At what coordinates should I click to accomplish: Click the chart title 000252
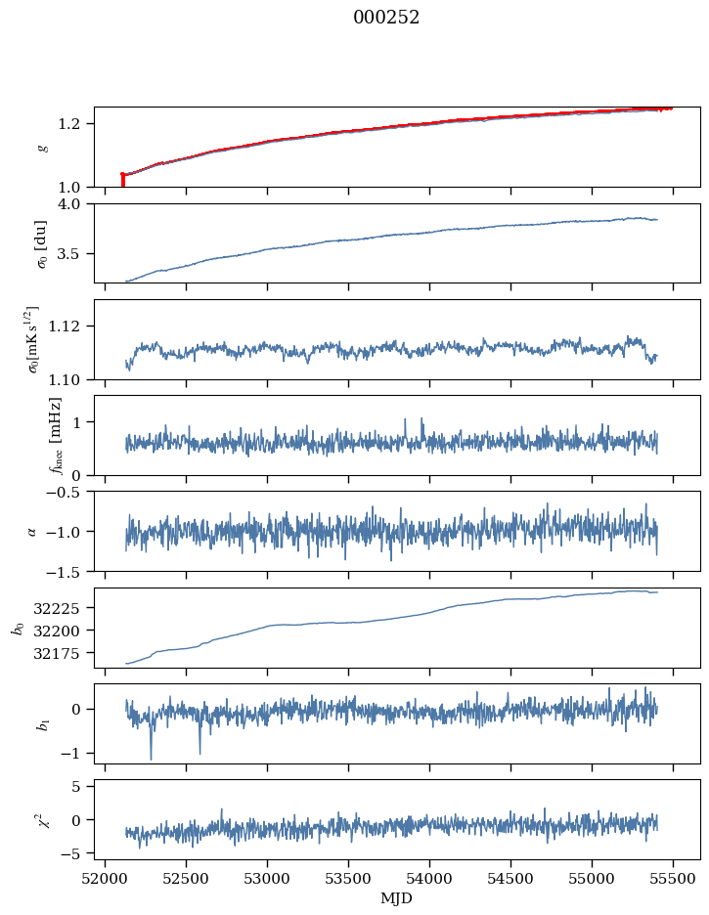[386, 18]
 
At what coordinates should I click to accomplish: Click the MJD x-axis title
[397, 898]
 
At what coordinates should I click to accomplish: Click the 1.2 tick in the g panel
[76, 123]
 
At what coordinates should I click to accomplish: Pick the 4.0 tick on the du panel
[76, 203]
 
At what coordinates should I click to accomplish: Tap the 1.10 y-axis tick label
[72, 378]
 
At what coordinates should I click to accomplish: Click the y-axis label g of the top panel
[41, 147]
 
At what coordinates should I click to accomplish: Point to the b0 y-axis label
[17, 628]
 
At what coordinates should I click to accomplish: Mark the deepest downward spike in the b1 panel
[151, 758]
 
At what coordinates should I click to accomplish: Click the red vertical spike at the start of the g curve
[122, 180]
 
